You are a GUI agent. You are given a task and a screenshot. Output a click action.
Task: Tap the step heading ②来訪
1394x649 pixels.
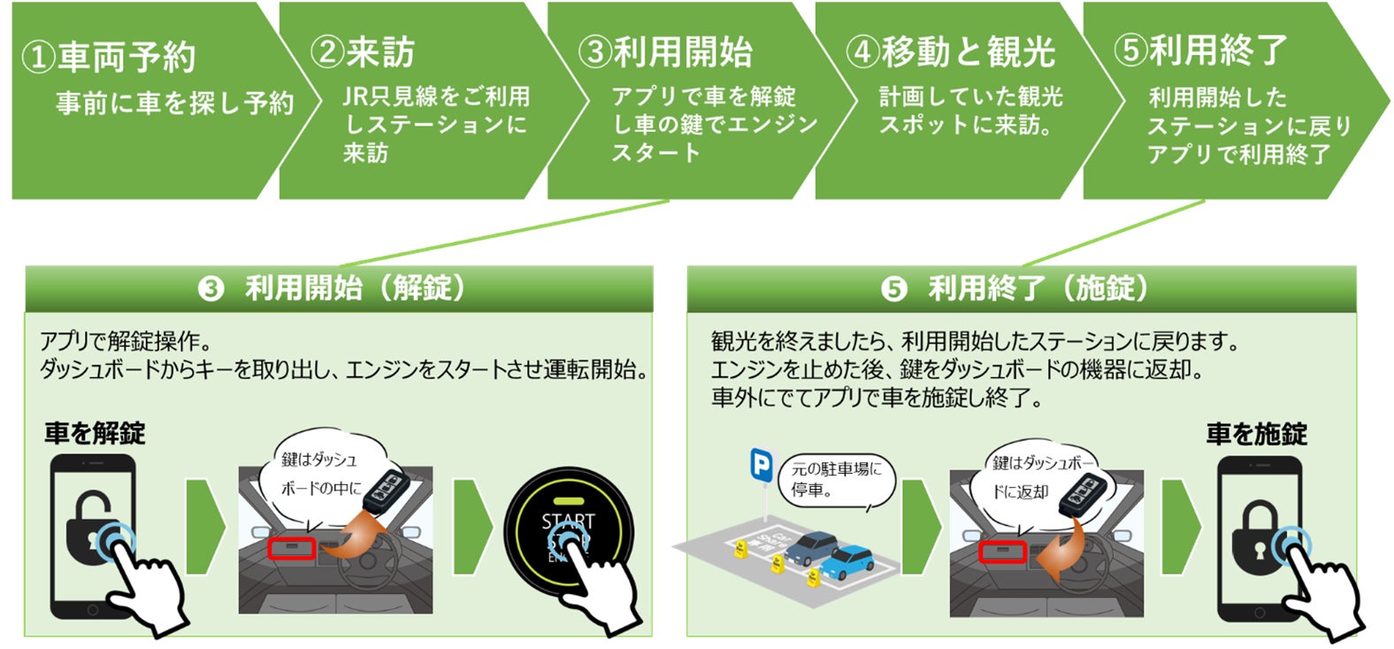363,52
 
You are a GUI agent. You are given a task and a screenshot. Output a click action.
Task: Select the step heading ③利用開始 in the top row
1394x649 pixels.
664,52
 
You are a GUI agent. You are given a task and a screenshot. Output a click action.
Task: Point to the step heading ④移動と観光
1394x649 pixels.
950,52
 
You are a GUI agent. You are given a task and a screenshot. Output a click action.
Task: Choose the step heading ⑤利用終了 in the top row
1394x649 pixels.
1200,50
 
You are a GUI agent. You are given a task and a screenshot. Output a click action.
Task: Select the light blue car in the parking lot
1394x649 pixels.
846,560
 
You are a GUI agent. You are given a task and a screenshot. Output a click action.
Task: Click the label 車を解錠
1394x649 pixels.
95,434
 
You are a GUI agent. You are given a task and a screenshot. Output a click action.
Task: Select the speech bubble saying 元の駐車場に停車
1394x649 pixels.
836,480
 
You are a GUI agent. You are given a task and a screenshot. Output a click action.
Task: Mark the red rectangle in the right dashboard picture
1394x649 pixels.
1002,552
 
